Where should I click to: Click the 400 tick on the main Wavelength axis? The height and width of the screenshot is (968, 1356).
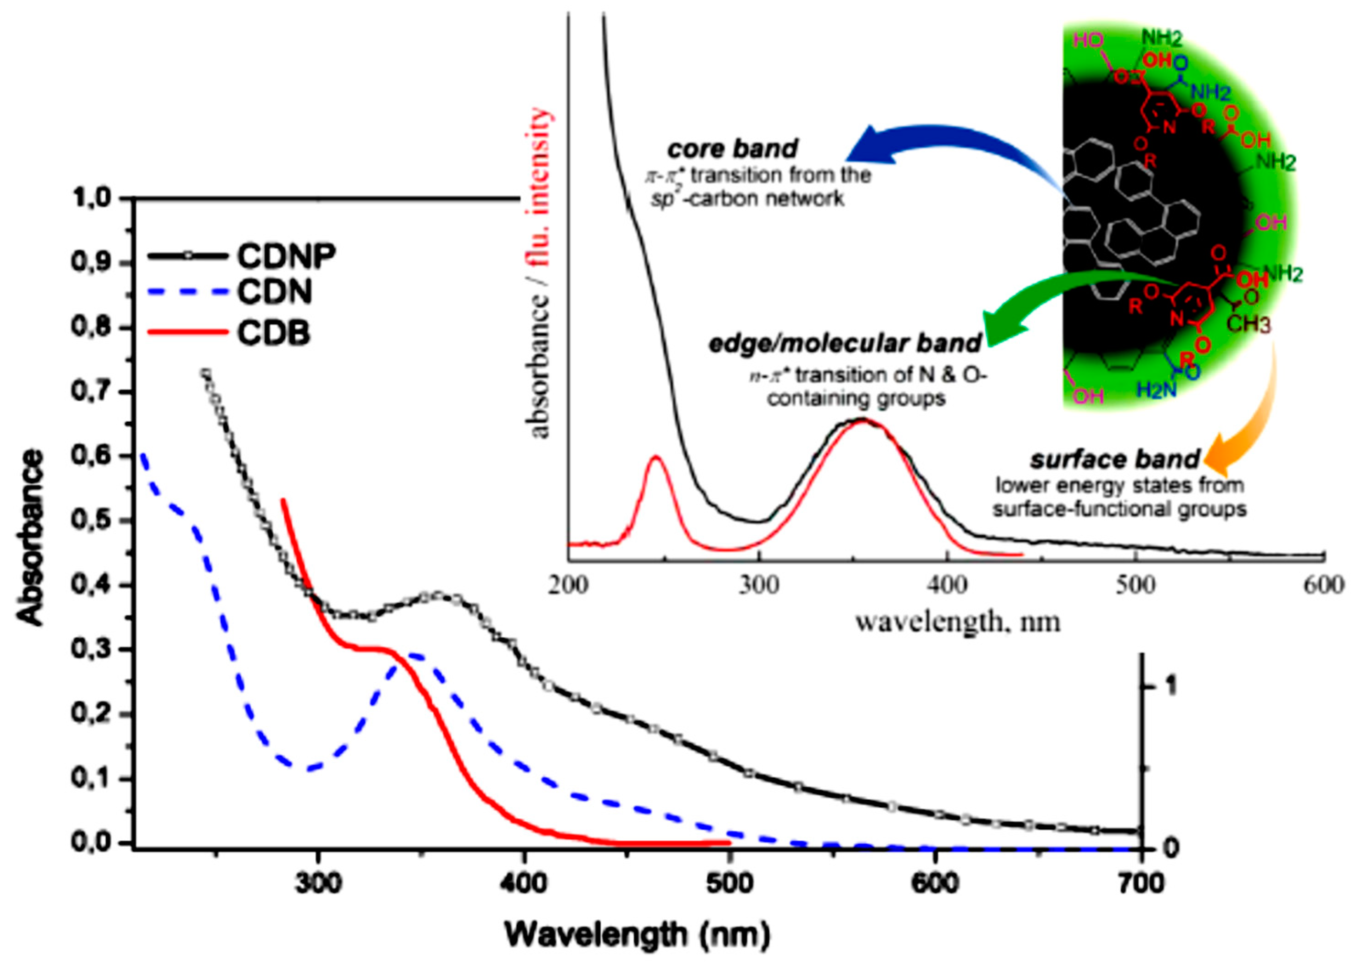click(x=523, y=883)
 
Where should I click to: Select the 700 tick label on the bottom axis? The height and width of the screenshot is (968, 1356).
click(x=1140, y=883)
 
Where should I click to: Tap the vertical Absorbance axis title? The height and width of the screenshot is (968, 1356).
click(x=31, y=538)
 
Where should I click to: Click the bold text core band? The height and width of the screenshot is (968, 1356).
click(x=732, y=149)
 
